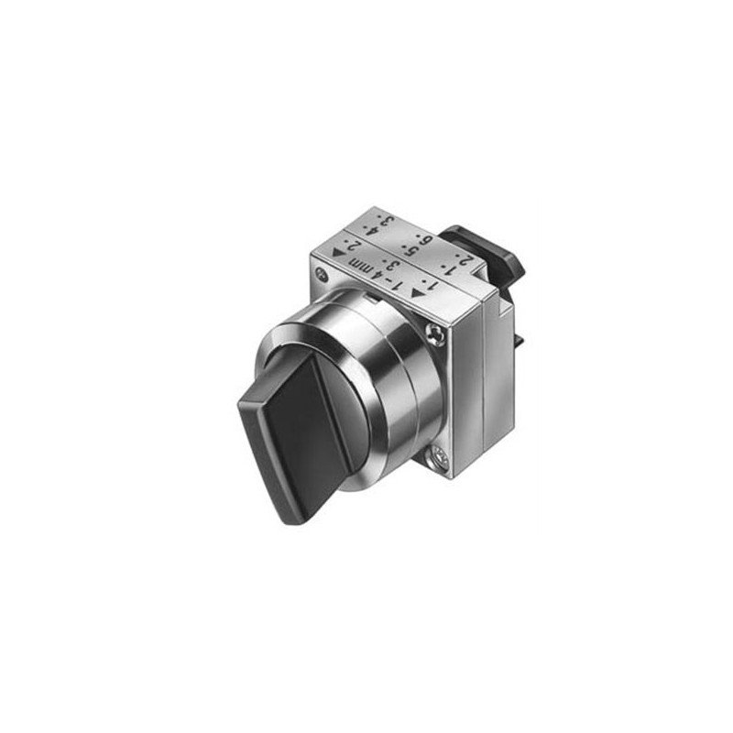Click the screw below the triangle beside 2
320,275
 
